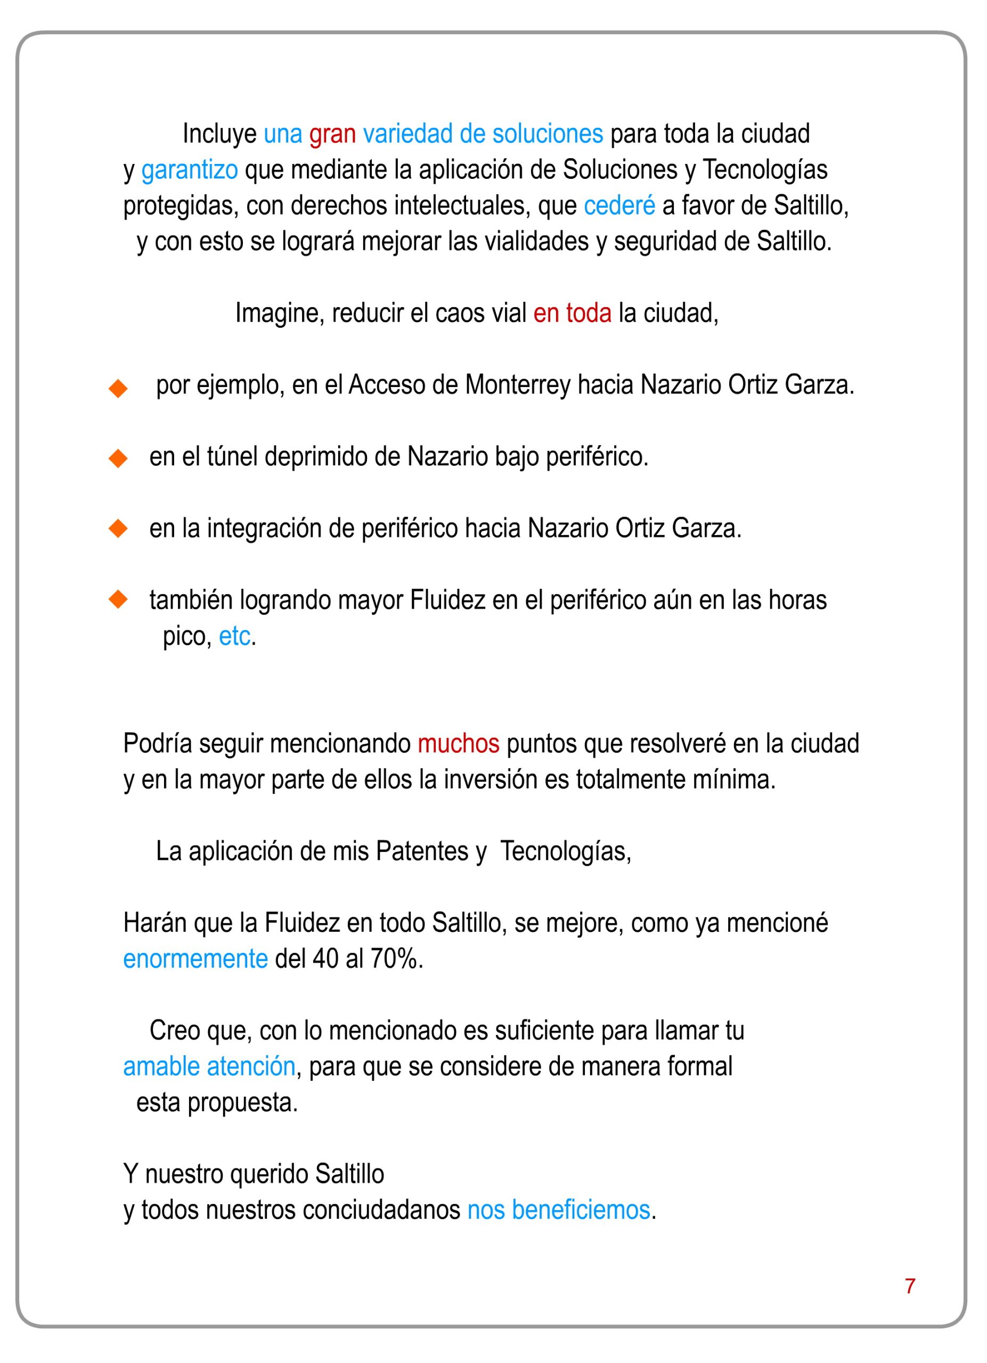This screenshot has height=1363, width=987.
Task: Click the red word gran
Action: pyautogui.click(x=332, y=135)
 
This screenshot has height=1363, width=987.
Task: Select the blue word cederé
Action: pyautogui.click(x=619, y=206)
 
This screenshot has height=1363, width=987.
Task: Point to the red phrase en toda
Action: pyautogui.click(x=572, y=314)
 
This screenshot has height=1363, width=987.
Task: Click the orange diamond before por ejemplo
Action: pyautogui.click(x=118, y=388)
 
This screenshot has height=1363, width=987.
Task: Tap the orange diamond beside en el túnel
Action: pyautogui.click(x=118, y=459)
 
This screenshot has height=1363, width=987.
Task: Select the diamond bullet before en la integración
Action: pyautogui.click(x=118, y=529)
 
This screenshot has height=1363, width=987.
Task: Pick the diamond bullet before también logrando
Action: pyautogui.click(x=118, y=599)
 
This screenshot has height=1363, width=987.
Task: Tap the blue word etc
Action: pyautogui.click(x=234, y=636)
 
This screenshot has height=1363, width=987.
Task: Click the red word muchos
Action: pyautogui.click(x=458, y=744)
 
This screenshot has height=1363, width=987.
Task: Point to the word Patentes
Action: pyautogui.click(x=421, y=851)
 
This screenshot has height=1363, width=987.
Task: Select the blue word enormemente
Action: pyautogui.click(x=195, y=959)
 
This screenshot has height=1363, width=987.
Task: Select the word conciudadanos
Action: pyautogui.click(x=378, y=1210)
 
